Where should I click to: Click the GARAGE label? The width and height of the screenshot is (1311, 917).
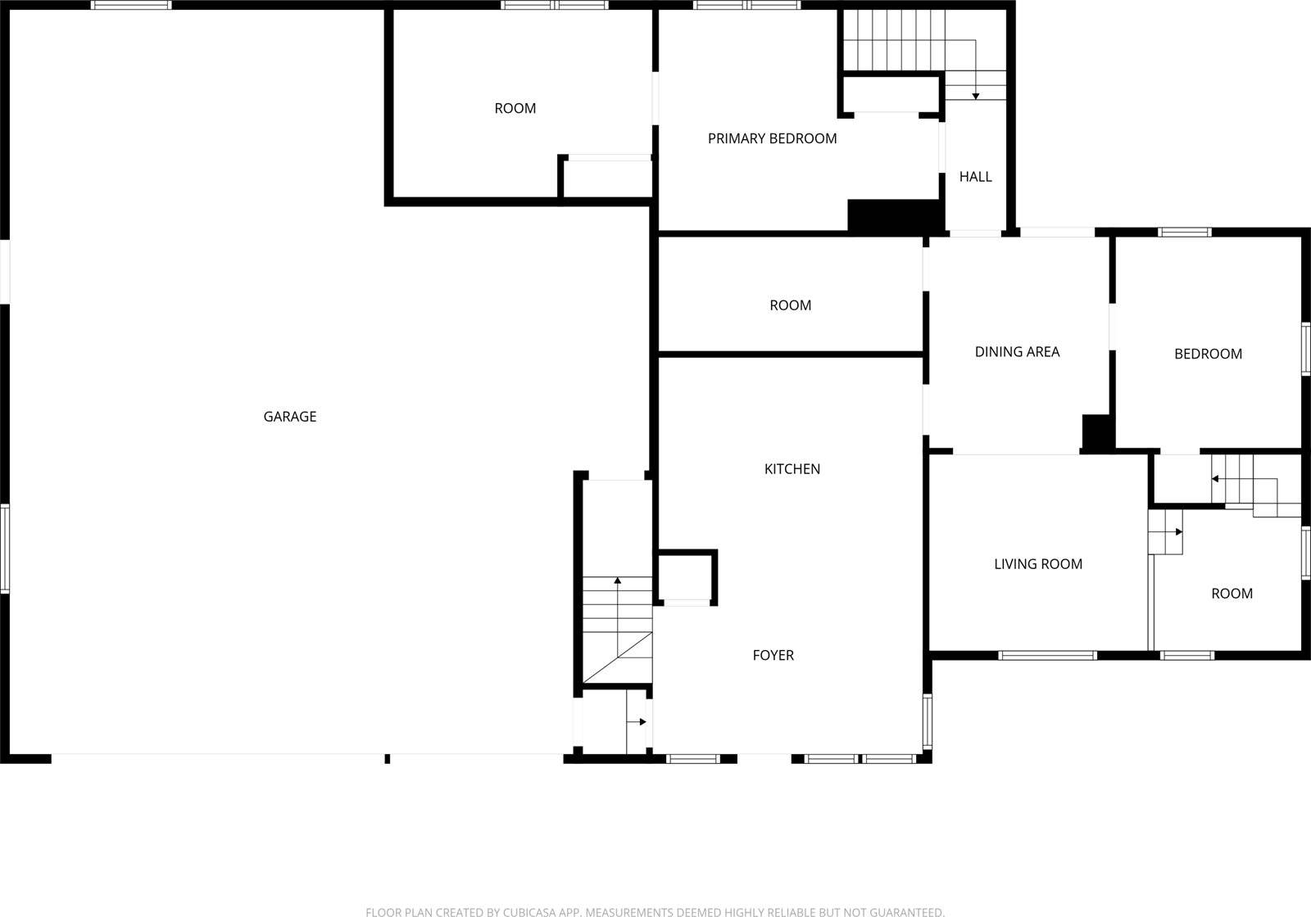[x=290, y=417]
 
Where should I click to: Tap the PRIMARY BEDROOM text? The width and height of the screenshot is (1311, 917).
[x=772, y=138]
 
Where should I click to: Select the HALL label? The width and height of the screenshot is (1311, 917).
[x=975, y=177]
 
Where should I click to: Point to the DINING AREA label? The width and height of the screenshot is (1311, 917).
[x=1017, y=351]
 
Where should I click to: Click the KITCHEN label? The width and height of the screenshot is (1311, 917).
[x=792, y=469]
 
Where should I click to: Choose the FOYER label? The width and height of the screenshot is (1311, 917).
[x=773, y=655]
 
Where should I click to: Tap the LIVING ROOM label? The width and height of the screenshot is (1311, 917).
[x=1038, y=564]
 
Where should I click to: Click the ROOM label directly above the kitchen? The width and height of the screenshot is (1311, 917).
[x=790, y=305]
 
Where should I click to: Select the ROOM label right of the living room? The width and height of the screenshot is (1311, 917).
[x=1232, y=594]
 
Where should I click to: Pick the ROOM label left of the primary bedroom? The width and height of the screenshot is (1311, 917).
[x=515, y=108]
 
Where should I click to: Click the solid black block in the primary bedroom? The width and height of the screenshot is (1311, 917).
[x=896, y=215]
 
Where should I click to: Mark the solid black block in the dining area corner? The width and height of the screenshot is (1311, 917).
[x=1096, y=433]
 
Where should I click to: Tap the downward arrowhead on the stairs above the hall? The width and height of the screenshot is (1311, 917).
[x=976, y=97]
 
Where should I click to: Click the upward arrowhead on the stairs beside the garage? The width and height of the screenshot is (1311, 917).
[x=618, y=580]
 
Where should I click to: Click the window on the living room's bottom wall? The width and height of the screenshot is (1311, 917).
[x=1047, y=655]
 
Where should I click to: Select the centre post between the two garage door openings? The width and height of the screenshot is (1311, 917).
[x=388, y=759]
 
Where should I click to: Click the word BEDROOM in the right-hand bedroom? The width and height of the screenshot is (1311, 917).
[x=1208, y=354]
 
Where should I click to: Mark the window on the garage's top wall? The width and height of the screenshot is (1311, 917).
[x=132, y=5]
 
